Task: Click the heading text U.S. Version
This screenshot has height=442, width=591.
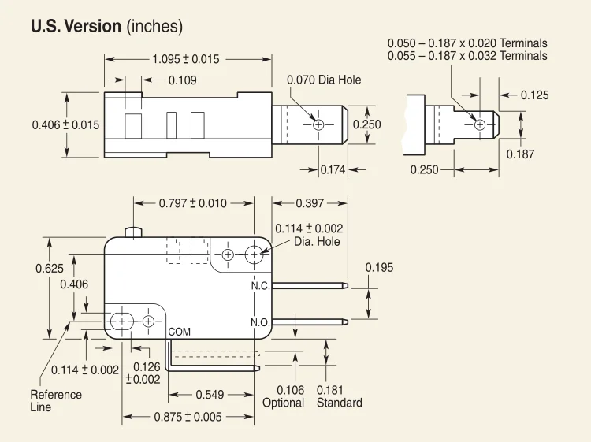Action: [76, 26]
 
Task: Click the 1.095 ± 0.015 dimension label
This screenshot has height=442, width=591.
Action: [185, 59]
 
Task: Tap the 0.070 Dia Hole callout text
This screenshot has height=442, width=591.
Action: [324, 80]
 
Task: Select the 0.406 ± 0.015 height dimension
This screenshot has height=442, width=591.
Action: [65, 124]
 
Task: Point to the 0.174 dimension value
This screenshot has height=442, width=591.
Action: [333, 170]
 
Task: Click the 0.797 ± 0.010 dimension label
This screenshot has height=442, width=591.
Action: [192, 203]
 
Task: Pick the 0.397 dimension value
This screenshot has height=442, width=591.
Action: [310, 203]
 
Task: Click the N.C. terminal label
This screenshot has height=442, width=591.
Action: [261, 286]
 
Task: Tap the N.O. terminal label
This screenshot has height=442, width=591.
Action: [261, 322]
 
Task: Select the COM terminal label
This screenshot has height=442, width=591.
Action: [180, 332]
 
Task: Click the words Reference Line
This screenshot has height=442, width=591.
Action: [55, 400]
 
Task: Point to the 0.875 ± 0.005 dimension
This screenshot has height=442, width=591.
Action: [187, 417]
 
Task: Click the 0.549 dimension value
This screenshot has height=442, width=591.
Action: [210, 395]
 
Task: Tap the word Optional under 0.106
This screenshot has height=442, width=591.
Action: [283, 403]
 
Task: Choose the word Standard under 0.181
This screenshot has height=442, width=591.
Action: [339, 403]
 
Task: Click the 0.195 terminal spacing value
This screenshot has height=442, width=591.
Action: [378, 268]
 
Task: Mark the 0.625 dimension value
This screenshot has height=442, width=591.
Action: [49, 269]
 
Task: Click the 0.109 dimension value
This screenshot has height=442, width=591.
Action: [182, 80]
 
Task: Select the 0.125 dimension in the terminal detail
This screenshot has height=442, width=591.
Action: [534, 95]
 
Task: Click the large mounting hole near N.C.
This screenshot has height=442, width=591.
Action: [255, 254]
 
